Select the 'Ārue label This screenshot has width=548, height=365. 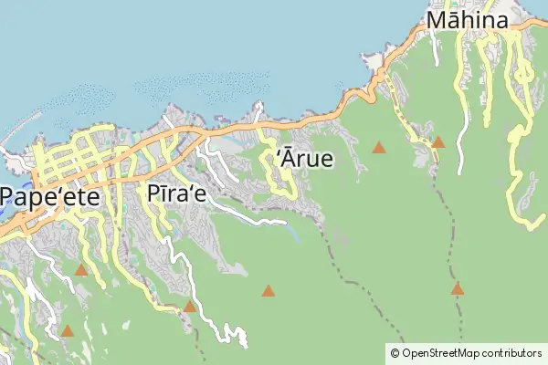[304, 158]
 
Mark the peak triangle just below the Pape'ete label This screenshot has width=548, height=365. [81, 269]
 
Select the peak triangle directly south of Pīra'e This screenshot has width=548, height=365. [189, 307]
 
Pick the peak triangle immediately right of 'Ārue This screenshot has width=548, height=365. [379, 147]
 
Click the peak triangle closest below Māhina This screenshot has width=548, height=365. [437, 141]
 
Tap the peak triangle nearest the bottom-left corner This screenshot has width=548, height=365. [67, 330]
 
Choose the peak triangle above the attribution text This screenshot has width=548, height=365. [458, 288]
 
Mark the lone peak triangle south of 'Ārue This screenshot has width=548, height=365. [268, 291]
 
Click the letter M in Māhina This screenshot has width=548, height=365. [437, 21]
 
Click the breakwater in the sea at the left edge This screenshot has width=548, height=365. [11, 137]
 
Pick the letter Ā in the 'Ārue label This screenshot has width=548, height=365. [287, 157]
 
